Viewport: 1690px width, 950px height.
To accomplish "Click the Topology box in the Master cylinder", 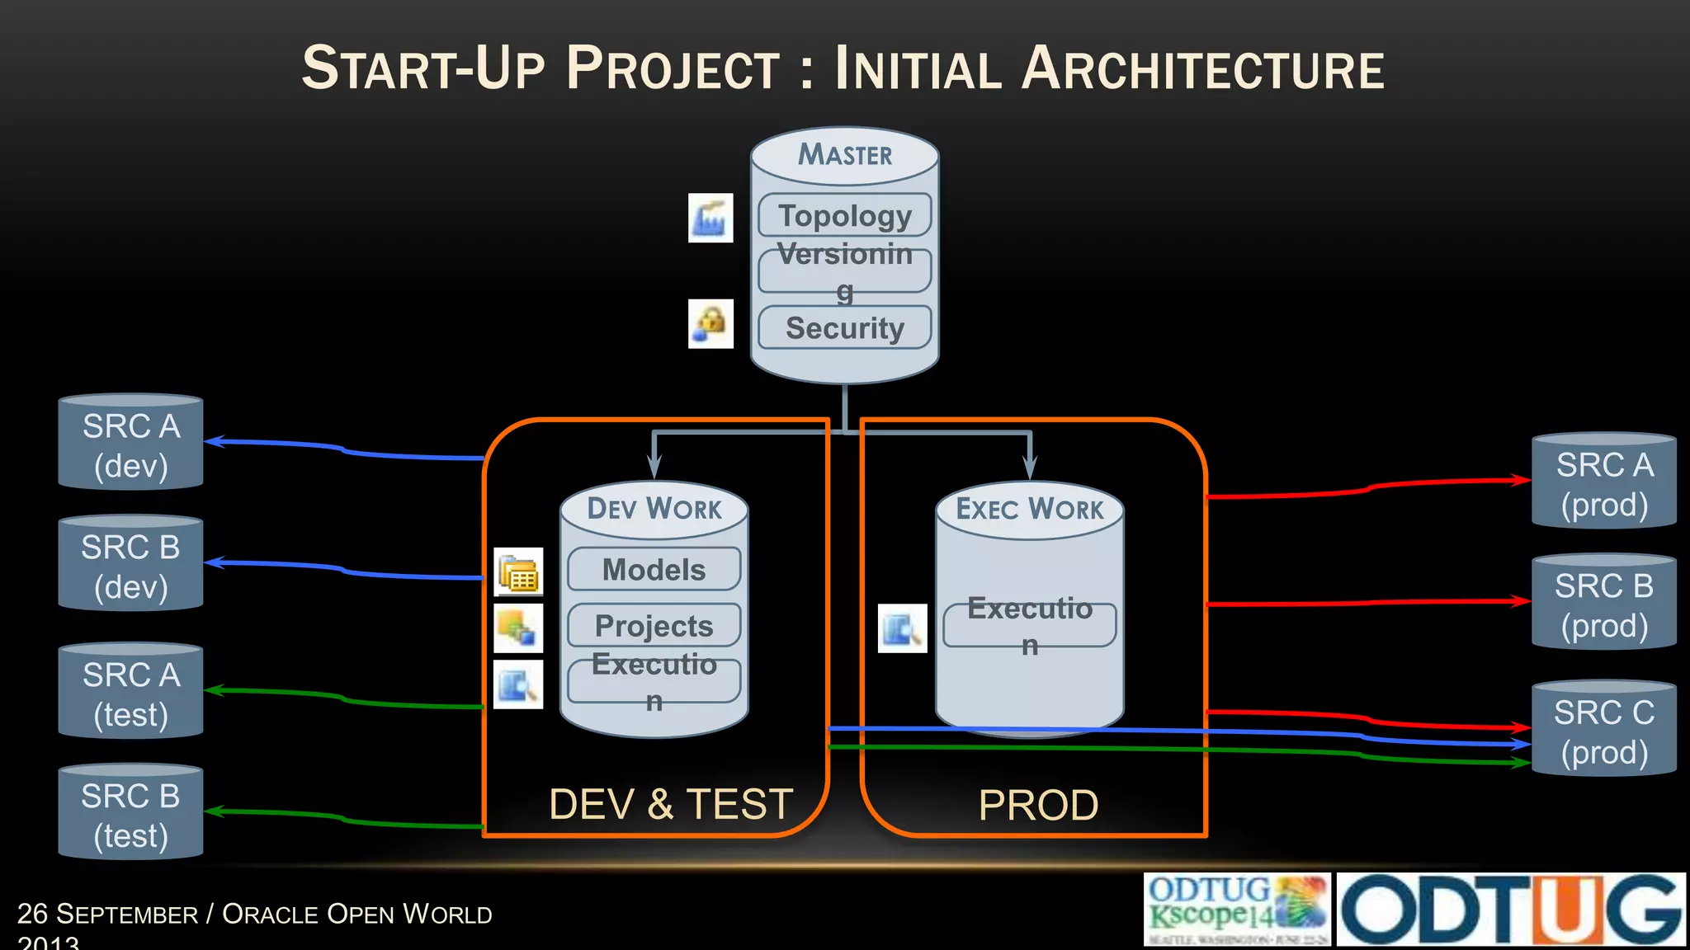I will point(845,215).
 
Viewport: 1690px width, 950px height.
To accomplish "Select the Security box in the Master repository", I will point(845,327).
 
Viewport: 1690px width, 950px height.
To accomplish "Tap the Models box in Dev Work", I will point(654,569).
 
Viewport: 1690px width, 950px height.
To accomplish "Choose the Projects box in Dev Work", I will point(654,625).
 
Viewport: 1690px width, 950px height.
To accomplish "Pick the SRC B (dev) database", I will point(130,565).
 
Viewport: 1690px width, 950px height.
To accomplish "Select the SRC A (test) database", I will point(130,693).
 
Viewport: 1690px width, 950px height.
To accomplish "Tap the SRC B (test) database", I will point(130,814).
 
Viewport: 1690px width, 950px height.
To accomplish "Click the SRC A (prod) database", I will point(1603,482).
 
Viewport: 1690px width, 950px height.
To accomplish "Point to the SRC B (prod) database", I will point(1603,604).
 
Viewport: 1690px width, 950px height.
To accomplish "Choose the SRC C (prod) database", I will point(1603,731).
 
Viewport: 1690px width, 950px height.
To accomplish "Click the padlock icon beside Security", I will point(710,323).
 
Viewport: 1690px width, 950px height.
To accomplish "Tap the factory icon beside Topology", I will point(710,218).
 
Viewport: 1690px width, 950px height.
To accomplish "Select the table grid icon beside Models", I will point(518,571).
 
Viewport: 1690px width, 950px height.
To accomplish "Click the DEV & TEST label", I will point(670,804).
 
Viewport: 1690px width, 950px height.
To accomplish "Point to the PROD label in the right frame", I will point(1038,805).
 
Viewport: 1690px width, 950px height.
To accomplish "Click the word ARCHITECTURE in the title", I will point(1202,68).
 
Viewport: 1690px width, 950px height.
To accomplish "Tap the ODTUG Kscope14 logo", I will point(1236,910).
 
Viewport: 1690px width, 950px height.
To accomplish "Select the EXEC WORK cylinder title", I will point(1029,509).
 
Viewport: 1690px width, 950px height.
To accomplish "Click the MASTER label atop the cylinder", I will point(845,154).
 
